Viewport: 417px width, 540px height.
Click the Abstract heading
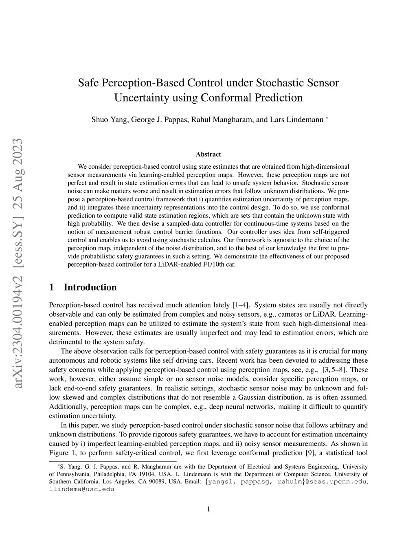click(x=208, y=154)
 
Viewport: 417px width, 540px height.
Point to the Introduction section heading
click(x=90, y=287)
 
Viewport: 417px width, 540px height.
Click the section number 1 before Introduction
click(x=51, y=287)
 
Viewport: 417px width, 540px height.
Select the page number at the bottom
click(x=208, y=509)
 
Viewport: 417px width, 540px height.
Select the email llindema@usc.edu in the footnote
click(x=81, y=489)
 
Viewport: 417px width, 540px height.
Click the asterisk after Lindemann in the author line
click(x=327, y=118)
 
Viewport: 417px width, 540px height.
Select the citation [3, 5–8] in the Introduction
click(x=335, y=370)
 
